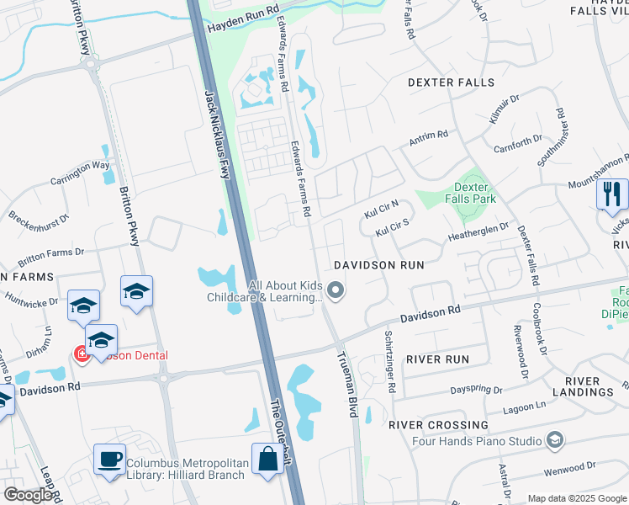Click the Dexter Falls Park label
click(474, 193)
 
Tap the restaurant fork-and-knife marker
click(612, 195)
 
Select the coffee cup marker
click(109, 460)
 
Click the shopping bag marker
click(268, 460)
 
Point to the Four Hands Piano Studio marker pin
click(554, 439)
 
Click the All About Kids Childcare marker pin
click(336, 291)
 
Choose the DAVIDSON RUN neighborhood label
click(378, 264)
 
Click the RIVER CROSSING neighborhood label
click(438, 424)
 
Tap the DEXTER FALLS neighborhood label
click(451, 82)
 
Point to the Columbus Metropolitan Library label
click(187, 469)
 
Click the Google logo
click(28, 495)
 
